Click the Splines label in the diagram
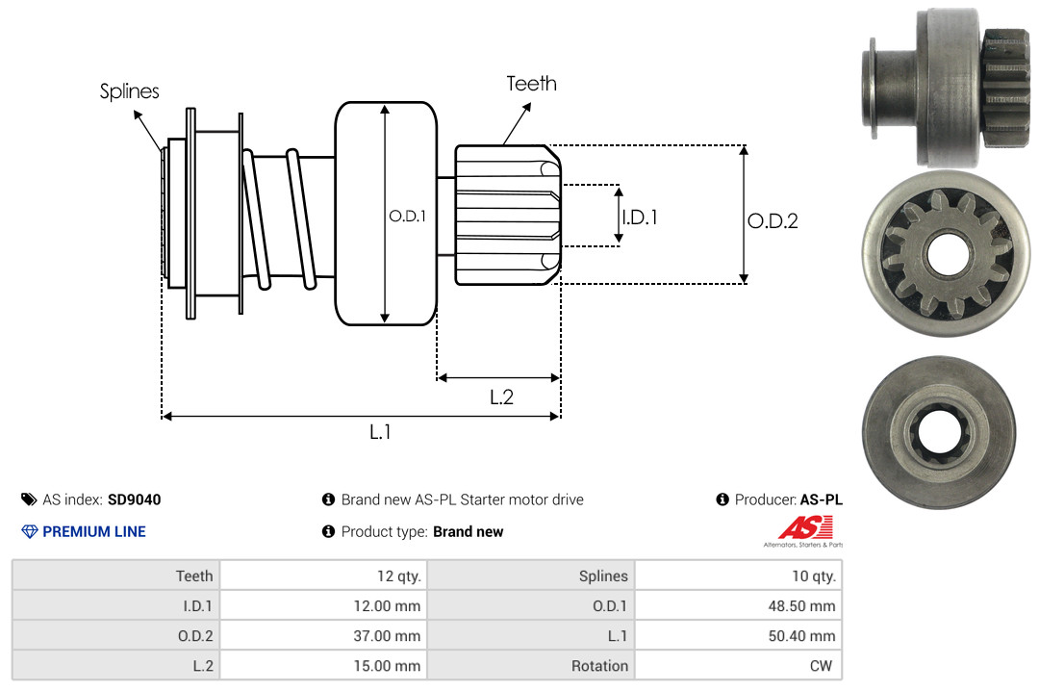pos(129,91)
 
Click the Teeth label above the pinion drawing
pos(531,84)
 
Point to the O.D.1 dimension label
pos(408,216)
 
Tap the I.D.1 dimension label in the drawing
pos(640,217)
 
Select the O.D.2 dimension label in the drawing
pos(773,220)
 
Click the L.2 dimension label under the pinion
pos(501,397)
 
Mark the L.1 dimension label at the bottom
pos(380,432)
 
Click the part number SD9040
pos(135,499)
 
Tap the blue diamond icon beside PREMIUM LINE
pos(30,531)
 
